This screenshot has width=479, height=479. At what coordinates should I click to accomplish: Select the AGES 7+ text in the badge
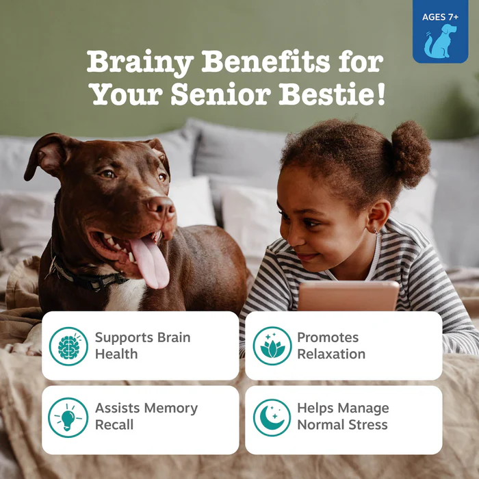click(440, 17)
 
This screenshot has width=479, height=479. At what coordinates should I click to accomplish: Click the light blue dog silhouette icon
click(440, 41)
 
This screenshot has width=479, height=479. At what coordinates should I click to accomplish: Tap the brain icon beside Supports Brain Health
click(68, 346)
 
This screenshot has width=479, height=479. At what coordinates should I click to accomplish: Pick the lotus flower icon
click(272, 346)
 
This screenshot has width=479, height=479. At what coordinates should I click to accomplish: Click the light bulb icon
click(68, 417)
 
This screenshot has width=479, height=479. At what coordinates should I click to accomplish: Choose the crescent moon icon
click(272, 417)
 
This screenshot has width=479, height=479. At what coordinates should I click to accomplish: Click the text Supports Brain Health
click(142, 346)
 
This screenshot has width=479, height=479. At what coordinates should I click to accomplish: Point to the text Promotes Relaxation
click(331, 346)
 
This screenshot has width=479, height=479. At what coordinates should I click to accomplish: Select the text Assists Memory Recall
click(146, 416)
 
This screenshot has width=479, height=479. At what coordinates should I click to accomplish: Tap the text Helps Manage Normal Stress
click(343, 416)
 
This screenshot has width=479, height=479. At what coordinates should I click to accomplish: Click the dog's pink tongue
click(151, 262)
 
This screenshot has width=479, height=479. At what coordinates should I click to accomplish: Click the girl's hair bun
click(411, 153)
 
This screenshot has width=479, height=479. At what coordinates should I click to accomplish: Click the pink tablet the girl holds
click(348, 296)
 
